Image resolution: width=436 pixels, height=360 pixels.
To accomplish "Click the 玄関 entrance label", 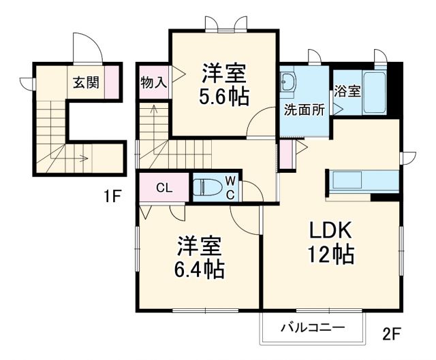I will [x=87, y=83].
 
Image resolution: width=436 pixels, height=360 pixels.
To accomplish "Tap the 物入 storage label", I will [x=153, y=83].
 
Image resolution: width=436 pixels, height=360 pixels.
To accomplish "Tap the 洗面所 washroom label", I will [x=304, y=108].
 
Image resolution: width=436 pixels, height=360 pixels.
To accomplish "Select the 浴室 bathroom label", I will [x=347, y=91].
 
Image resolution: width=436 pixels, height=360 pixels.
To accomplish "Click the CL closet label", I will [x=164, y=188].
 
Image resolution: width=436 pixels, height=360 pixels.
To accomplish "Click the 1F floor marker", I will [x=112, y=197].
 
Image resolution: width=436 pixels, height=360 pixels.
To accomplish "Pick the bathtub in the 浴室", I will [x=375, y=93].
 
